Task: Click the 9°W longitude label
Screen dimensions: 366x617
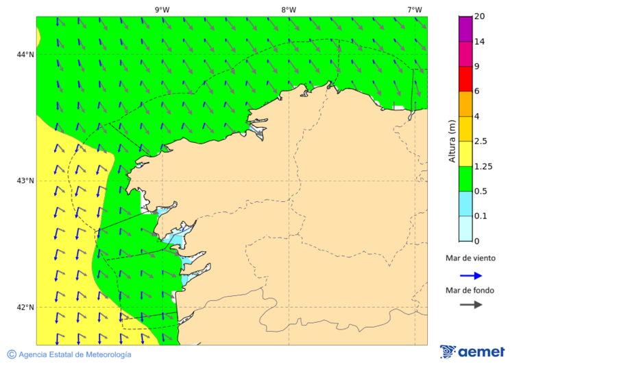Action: tap(162, 10)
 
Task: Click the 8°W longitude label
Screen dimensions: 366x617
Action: tap(289, 10)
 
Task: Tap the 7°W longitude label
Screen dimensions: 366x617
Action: tap(414, 10)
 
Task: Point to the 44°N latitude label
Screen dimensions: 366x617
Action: tap(25, 54)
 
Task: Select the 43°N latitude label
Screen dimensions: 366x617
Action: tap(25, 181)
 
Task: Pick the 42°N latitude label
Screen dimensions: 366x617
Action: tap(25, 307)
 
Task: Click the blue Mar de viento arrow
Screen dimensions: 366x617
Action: tap(471, 275)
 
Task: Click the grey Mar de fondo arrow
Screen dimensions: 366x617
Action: tap(471, 305)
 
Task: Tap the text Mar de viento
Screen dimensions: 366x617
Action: tap(470, 258)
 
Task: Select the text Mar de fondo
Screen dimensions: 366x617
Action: tap(470, 290)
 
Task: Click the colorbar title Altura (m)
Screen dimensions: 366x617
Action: tap(452, 141)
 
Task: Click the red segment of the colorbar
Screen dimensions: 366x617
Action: tap(465, 78)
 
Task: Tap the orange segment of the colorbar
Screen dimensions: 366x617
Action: tap(465, 104)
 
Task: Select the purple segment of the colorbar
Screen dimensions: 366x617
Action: tap(465, 28)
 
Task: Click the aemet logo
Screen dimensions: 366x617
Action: tap(472, 352)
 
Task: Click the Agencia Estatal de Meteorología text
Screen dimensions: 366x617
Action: tap(75, 354)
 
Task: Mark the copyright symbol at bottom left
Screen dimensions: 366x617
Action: tap(12, 354)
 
